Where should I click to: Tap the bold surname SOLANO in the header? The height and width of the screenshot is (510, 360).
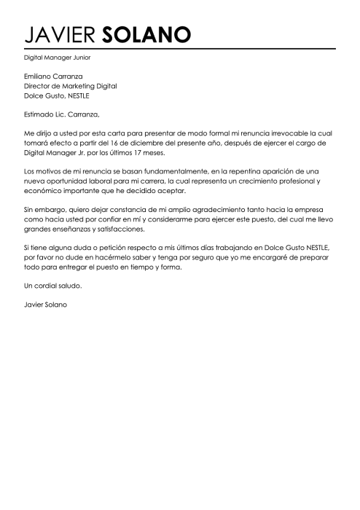pyautogui.click(x=146, y=34)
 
